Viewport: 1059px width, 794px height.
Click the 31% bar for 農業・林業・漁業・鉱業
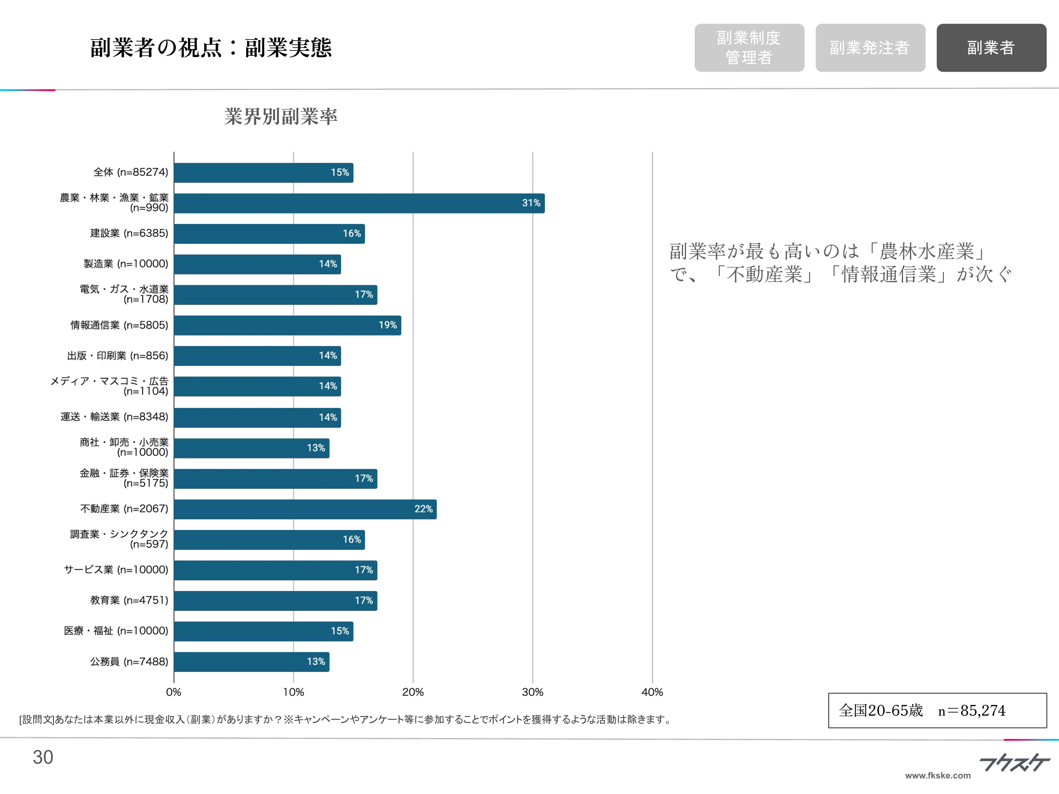tap(359, 203)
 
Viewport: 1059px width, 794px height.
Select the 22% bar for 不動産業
tap(305, 509)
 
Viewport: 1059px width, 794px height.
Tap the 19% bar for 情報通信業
tap(287, 325)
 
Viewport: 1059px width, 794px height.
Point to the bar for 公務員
tap(251, 661)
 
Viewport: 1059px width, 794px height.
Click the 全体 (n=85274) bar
tap(263, 172)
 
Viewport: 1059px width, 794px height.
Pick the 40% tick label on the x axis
tap(652, 692)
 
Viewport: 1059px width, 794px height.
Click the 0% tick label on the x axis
tap(173, 692)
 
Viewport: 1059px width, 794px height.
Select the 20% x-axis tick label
tap(413, 692)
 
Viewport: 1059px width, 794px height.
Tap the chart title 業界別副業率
tap(281, 116)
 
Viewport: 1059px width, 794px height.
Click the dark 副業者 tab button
tap(991, 48)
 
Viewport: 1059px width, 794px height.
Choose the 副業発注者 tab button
tap(870, 48)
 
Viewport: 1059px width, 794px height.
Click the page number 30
tap(43, 757)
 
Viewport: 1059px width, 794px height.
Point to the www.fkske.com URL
tap(938, 775)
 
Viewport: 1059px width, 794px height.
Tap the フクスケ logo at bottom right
tap(1014, 763)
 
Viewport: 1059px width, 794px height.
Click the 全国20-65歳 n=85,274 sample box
tap(937, 710)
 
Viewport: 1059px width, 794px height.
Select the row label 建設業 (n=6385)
tap(129, 233)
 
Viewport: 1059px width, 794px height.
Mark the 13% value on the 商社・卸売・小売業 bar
tap(316, 448)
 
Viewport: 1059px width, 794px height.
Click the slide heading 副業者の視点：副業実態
tap(211, 48)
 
